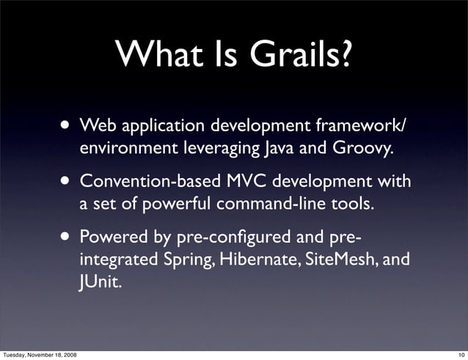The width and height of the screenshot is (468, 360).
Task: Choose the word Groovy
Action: pos(359,149)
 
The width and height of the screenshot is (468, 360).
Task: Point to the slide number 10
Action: pos(460,354)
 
